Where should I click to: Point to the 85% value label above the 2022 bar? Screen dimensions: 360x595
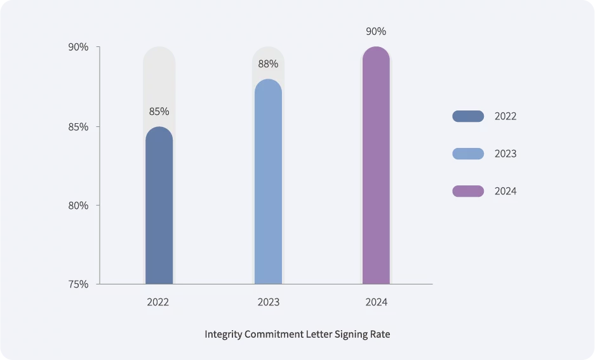159,112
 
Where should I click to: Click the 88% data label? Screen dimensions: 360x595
268,64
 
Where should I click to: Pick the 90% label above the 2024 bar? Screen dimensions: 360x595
376,31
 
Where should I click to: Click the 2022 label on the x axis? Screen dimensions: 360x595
158,302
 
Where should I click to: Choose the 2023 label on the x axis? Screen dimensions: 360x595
268,302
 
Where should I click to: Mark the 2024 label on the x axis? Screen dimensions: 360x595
376,302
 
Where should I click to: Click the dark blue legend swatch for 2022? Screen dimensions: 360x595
468,116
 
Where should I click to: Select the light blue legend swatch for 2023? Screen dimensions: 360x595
468,154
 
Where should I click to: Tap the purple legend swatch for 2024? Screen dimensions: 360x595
468,191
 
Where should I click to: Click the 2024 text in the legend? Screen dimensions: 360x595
505,191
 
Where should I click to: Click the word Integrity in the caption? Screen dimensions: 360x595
223,334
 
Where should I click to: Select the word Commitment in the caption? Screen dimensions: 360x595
274,334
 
